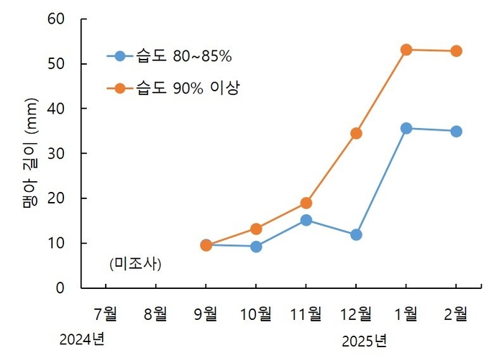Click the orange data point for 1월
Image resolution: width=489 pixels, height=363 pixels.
406,50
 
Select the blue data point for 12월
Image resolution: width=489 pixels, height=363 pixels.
356,235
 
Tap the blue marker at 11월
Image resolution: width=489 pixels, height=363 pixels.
306,220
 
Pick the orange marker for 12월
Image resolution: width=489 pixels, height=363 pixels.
356,133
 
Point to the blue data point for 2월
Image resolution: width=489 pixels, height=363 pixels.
456,132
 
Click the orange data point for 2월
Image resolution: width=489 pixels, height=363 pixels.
456,51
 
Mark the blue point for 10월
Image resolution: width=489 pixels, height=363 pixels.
256,247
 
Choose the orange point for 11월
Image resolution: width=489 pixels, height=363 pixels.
306,203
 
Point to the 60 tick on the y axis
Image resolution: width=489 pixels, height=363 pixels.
58,19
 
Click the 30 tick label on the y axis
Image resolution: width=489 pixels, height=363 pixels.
58,154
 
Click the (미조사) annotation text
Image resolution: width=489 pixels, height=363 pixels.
135,264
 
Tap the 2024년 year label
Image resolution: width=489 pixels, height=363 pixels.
82,339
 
